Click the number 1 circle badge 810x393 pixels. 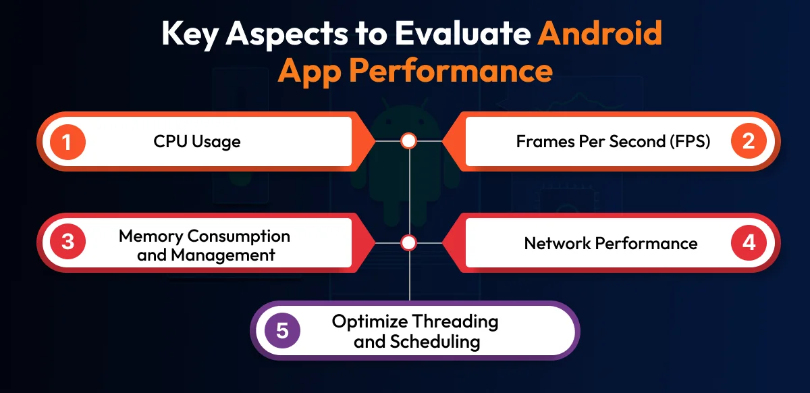pos(67,142)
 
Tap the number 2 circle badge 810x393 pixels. pos(749,141)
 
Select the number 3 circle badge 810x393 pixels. pos(67,242)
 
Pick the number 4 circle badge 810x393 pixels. pos(749,242)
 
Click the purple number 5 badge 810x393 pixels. pos(282,330)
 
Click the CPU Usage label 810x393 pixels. pos(197,142)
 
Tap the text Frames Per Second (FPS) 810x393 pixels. pos(613,142)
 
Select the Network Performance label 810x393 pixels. pos(611,243)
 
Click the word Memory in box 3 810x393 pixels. pos(151,236)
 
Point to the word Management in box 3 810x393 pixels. pos(223,255)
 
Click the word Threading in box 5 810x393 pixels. pos(455,322)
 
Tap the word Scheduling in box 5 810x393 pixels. pos(435,342)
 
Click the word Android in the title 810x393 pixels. pos(599,33)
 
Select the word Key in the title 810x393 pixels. pos(190,35)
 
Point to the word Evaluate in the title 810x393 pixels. pos(463,33)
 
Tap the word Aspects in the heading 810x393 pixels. pos(287,35)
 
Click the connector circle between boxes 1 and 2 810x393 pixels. pos(408,140)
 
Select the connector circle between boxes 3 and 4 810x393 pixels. pos(408,243)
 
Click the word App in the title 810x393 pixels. pos(310,72)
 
